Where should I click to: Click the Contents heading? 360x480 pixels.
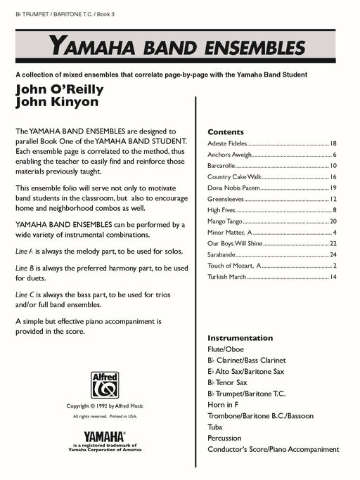click(x=226, y=132)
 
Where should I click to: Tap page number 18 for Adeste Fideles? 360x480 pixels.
click(x=333, y=143)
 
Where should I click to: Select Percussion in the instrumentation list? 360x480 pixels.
click(x=226, y=438)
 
